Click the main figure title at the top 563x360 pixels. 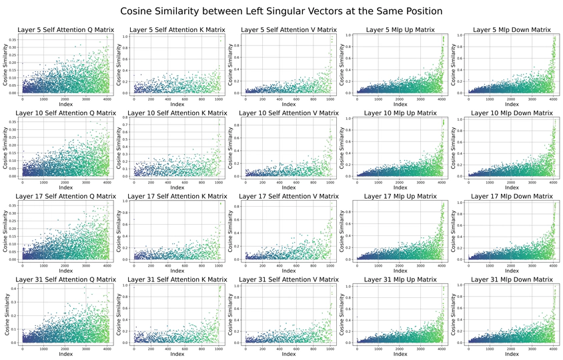(x=281, y=11)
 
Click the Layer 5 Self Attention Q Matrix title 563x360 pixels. (x=65, y=30)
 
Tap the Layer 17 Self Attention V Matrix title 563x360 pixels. (x=288, y=196)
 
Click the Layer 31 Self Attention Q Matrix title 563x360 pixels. (x=65, y=279)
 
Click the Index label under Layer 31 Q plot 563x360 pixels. (x=65, y=354)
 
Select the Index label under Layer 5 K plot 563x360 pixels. (x=177, y=105)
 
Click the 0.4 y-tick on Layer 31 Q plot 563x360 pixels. (x=15, y=287)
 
